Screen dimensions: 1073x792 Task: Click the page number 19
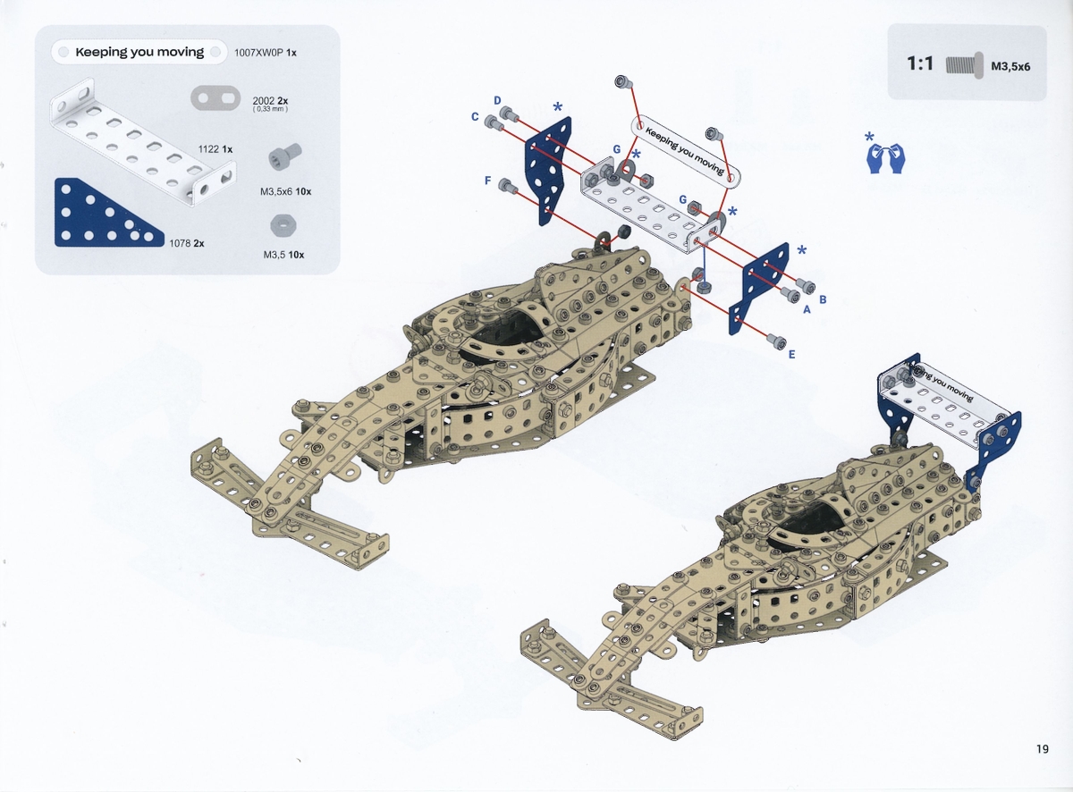tap(1043, 749)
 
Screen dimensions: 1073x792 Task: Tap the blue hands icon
tap(886, 157)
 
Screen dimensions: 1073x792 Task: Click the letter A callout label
tap(807, 309)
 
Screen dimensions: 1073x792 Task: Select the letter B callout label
tap(823, 299)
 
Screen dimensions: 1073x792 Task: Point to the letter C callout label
tap(475, 116)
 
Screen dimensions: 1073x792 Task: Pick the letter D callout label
tap(497, 100)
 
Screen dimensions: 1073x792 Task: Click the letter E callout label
tap(791, 355)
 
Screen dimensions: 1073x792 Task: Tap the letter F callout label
tap(487, 181)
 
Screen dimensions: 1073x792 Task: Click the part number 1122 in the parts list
tap(208, 149)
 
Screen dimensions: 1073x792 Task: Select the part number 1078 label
tap(180, 243)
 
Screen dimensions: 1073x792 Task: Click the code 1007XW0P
tap(258, 53)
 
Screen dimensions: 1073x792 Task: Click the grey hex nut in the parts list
tap(283, 225)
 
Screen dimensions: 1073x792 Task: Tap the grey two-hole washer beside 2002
tap(215, 98)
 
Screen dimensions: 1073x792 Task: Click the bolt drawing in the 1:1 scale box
tap(965, 65)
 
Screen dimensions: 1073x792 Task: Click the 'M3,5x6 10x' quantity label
tap(285, 191)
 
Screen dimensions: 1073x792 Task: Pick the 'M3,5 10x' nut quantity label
tap(283, 255)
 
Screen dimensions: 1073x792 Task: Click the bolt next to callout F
tap(505, 185)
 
